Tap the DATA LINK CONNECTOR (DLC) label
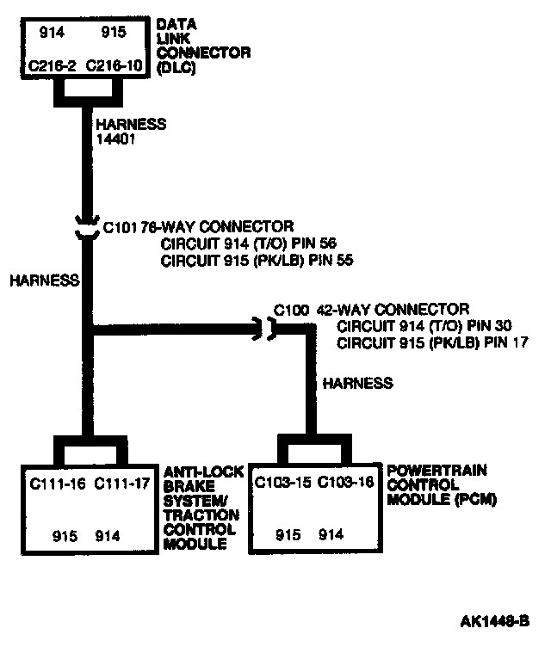click(x=203, y=47)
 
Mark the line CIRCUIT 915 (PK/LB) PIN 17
click(x=433, y=342)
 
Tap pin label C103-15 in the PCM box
click(x=282, y=482)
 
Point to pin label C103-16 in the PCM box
click(x=346, y=482)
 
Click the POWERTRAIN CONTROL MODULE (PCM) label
click(x=436, y=484)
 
